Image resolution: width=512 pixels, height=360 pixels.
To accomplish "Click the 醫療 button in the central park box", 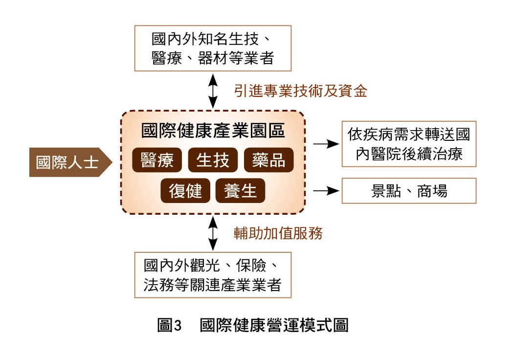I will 157,160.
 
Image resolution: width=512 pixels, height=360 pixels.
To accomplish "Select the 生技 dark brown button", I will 213,160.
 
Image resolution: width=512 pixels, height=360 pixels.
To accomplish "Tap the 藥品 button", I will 268,160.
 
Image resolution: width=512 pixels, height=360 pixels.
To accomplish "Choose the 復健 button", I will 185,191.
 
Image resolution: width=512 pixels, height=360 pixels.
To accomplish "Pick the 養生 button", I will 240,191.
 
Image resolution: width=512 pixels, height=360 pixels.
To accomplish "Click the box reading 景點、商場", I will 408,191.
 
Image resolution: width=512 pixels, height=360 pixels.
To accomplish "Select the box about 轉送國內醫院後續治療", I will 408,144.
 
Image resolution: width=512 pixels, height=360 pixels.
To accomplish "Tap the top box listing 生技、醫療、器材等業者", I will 213,48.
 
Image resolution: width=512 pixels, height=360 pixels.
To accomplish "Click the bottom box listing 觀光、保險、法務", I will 213,275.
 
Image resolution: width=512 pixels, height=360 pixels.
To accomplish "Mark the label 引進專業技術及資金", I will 300,90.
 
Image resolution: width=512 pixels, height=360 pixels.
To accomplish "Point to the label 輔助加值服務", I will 278,233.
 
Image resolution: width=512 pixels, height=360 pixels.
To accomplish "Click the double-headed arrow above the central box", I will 213,91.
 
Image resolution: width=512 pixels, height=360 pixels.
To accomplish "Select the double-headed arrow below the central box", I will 213,233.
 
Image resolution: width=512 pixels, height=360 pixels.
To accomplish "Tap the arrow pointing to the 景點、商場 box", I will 326,191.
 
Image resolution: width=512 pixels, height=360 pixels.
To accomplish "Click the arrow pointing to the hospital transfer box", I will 326,144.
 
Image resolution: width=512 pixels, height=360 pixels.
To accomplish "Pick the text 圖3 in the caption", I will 169,325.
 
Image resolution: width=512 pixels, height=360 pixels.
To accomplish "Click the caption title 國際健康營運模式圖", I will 274,325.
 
